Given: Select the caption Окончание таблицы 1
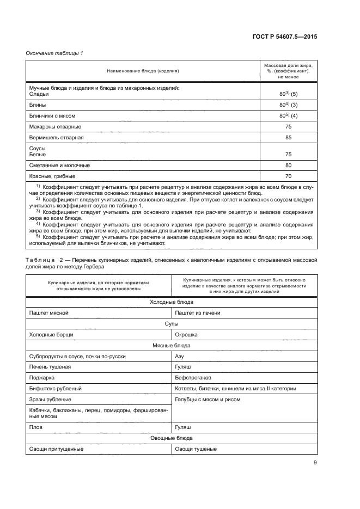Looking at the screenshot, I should (x=54, y=53).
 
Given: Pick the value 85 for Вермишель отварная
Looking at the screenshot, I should (x=288, y=138).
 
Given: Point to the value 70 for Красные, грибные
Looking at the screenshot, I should (x=288, y=176).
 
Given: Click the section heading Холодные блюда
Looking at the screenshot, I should (x=171, y=302).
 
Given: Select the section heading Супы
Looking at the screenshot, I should (x=171, y=323).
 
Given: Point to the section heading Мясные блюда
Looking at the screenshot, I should (x=171, y=345).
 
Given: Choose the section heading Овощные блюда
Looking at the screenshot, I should (x=171, y=438).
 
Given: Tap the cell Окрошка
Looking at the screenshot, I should (x=186, y=334).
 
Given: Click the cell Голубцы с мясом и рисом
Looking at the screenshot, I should (x=208, y=399).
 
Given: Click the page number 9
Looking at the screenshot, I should (x=315, y=463).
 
